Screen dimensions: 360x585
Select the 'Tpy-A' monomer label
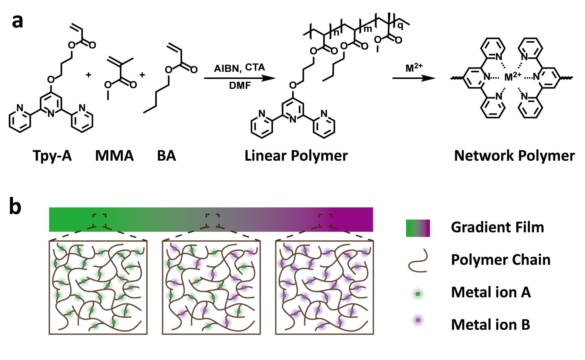tap(52, 155)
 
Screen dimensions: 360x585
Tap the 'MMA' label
tap(114, 155)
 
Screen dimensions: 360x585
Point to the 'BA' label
tap(166, 155)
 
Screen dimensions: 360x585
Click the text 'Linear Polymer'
tap(296, 155)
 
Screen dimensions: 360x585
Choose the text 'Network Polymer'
tap(514, 155)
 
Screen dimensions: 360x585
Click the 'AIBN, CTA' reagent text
tap(239, 68)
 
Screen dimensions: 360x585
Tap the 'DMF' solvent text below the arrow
tap(240, 85)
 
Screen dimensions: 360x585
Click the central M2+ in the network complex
tap(512, 76)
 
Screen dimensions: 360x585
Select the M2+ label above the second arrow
tap(414, 67)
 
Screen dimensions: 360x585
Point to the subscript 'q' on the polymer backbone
tap(400, 26)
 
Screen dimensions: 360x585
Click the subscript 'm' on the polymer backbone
tap(367, 29)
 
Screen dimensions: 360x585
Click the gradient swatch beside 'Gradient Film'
tap(418, 228)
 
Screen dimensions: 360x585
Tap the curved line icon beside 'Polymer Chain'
tap(418, 261)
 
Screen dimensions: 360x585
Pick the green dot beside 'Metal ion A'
tap(418, 294)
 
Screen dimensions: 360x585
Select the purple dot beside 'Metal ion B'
tap(418, 320)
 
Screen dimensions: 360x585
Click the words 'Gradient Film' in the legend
tap(497, 227)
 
